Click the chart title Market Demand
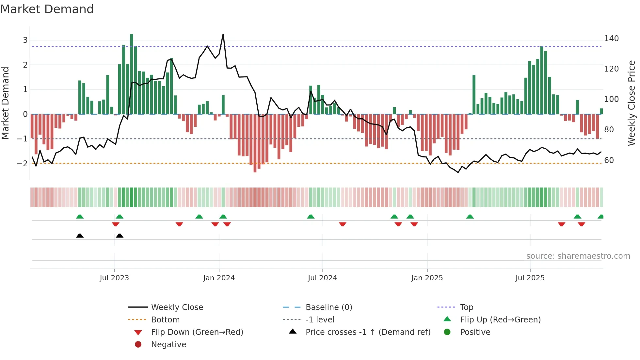coord(47,9)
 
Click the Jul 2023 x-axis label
coord(114,278)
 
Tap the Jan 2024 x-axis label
coord(219,278)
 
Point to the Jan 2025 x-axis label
coord(427,278)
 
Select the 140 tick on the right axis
coord(611,39)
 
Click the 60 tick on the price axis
coord(609,160)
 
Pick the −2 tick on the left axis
coord(22,163)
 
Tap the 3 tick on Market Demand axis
coord(25,40)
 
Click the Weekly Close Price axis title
coord(632,103)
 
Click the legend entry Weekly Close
coord(177,307)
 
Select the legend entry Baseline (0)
coord(328,307)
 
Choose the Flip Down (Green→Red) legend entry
coord(197,332)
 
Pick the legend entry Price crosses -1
coord(368,332)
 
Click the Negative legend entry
coord(168,345)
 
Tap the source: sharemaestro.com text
coord(578,256)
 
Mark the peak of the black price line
coord(223,34)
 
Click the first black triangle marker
coord(80,236)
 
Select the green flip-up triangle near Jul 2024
coord(311,217)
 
